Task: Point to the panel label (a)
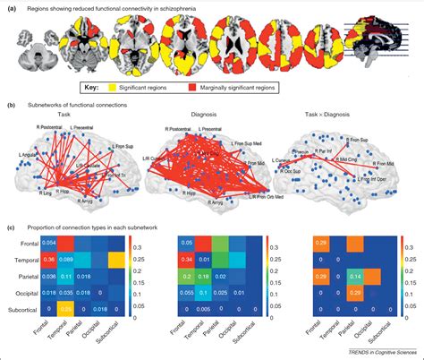point(11,8)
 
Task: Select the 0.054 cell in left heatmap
point(52,244)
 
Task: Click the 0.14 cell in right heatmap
point(354,274)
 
